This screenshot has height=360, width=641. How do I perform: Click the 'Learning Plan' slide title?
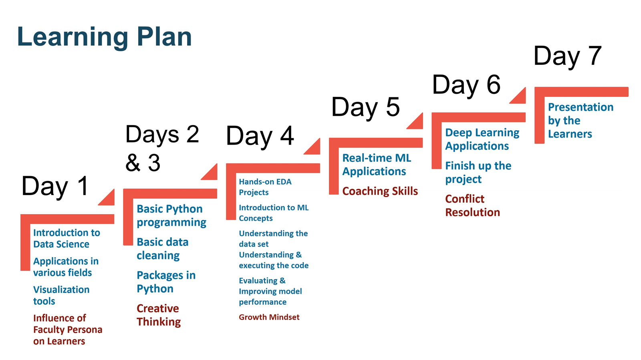[105, 37]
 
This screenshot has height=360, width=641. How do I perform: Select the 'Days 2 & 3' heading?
[162, 148]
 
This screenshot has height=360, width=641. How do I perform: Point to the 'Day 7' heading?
[567, 56]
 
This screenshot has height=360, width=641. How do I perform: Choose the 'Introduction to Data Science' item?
[67, 238]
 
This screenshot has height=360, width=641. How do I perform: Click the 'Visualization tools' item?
[61, 295]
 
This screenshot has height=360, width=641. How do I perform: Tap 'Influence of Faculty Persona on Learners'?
[68, 330]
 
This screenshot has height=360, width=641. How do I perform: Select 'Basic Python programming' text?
[171, 215]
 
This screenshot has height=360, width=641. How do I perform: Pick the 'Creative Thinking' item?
[159, 315]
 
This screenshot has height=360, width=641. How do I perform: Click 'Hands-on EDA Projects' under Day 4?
[265, 187]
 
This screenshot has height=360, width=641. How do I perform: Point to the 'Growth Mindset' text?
[269, 317]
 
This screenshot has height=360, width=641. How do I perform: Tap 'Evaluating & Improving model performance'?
[270, 291]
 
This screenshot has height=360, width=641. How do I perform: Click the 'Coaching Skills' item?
[380, 191]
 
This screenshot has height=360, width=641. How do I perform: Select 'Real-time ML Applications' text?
[377, 165]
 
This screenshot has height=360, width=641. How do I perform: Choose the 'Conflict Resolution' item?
[472, 205]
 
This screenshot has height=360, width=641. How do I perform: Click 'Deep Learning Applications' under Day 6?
[482, 139]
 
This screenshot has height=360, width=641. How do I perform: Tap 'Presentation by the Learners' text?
[581, 121]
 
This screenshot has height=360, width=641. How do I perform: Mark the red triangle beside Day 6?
[520, 98]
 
